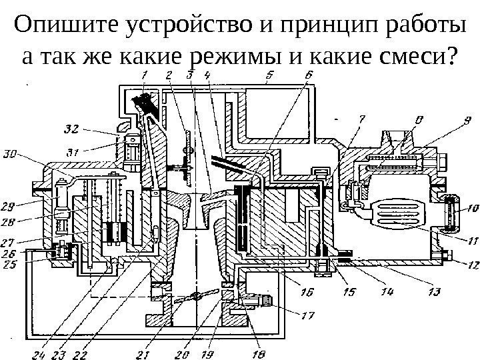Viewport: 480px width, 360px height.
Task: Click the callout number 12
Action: click(471, 264)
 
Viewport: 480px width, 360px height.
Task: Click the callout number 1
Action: click(145, 74)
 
